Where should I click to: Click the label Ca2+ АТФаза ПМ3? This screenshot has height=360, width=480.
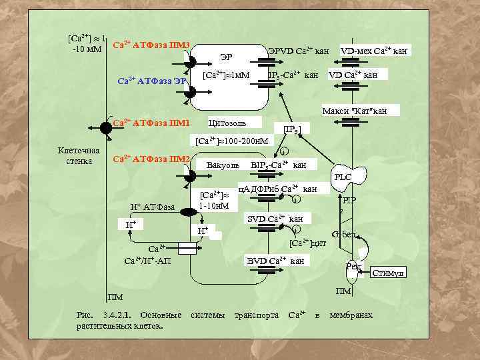pos(152,45)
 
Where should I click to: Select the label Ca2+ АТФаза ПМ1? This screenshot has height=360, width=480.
pos(151,123)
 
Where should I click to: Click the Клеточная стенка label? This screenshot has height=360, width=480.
pos(79,155)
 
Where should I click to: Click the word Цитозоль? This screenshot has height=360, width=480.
pos(227,123)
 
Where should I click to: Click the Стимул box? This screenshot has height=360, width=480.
pos(389,273)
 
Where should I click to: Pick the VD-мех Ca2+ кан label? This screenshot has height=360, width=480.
pos(374,50)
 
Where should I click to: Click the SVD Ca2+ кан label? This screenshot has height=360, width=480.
pos(275,219)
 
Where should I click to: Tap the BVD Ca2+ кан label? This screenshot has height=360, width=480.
pos(276,260)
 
